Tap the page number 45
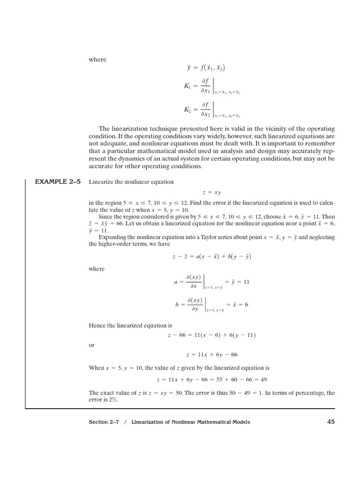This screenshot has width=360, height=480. click(x=331, y=422)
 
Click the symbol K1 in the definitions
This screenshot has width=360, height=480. click(x=187, y=86)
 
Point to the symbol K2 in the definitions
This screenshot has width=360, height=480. click(x=187, y=109)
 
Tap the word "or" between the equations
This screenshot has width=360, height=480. click(x=91, y=345)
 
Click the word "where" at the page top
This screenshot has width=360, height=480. click(x=97, y=60)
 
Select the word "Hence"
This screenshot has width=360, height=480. click(x=97, y=325)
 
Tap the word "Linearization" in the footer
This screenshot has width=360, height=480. click(x=150, y=422)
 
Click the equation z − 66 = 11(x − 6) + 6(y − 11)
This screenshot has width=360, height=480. click(x=211, y=335)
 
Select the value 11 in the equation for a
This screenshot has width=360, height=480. click(x=246, y=282)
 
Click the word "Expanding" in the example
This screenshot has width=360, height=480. click(x=112, y=237)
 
